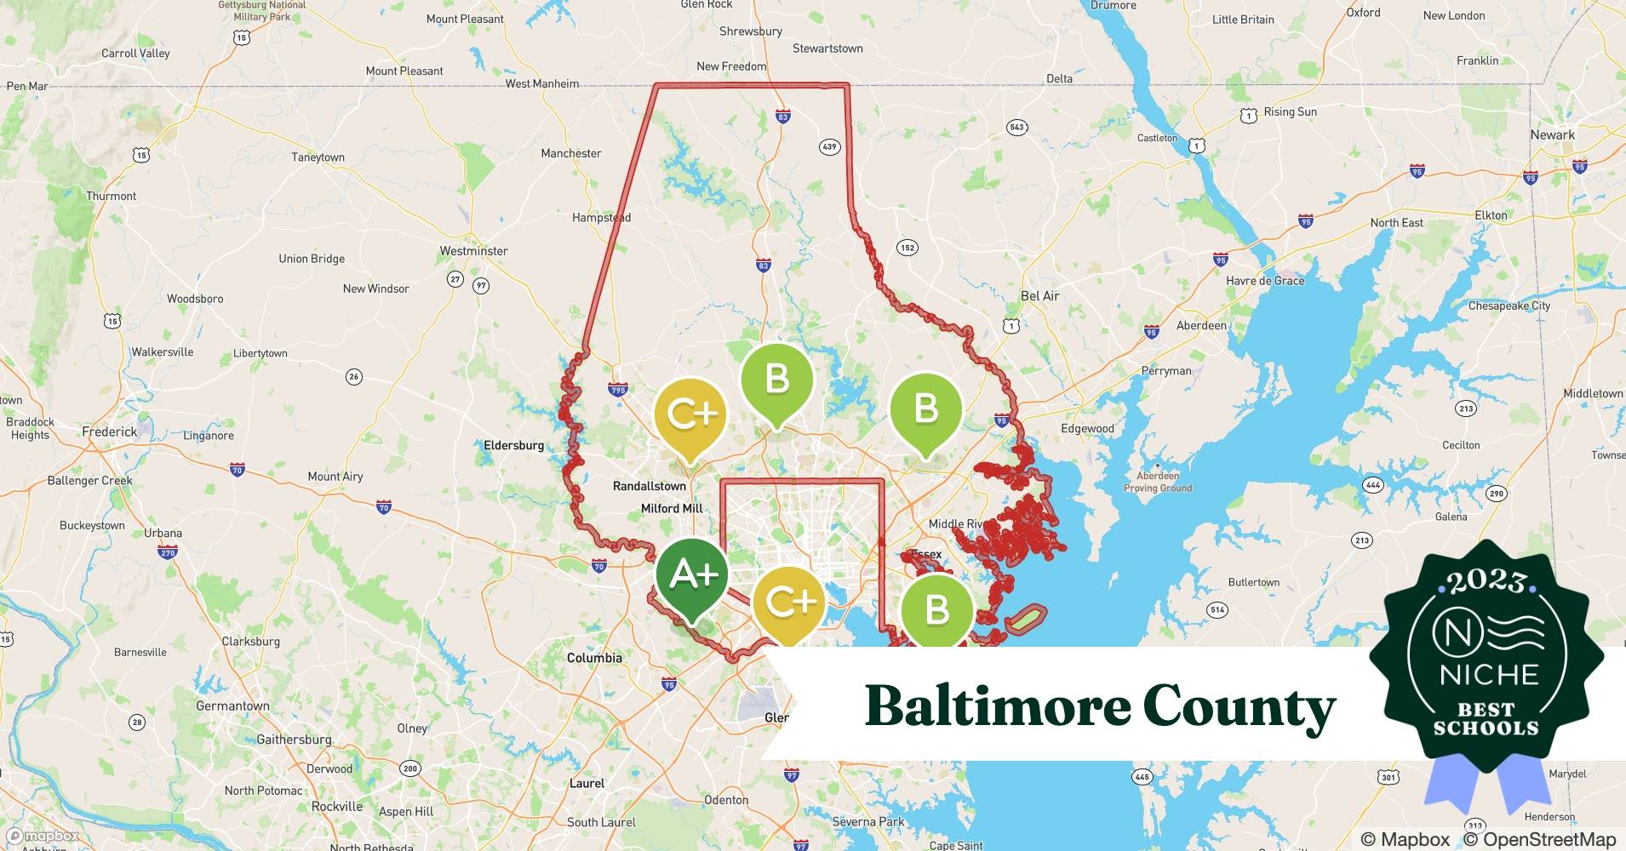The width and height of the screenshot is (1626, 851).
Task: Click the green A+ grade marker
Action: tap(692, 576)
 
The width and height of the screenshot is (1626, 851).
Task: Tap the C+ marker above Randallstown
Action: tap(690, 414)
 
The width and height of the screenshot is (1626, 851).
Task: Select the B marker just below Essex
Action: tap(936, 609)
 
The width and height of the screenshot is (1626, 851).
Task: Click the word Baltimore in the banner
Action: tap(997, 706)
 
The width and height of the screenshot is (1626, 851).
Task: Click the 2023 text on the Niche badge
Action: tap(1486, 581)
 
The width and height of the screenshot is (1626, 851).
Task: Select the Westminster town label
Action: tap(473, 251)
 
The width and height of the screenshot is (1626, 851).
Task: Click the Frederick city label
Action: tap(109, 431)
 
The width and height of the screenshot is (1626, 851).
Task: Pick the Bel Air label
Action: tap(1039, 296)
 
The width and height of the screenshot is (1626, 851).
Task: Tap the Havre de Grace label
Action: tap(1264, 281)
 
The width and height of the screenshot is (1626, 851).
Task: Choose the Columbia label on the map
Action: tap(594, 658)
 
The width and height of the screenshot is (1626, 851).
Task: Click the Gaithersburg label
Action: tap(294, 740)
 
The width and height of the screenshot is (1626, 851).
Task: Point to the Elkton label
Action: tap(1491, 215)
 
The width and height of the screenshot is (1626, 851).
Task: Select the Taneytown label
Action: tap(318, 157)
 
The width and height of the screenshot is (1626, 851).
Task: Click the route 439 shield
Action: tap(829, 146)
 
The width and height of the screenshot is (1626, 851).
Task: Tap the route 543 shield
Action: tap(1016, 128)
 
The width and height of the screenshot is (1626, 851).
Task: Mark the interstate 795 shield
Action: tap(618, 390)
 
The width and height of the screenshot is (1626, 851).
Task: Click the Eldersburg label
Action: tap(513, 445)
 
